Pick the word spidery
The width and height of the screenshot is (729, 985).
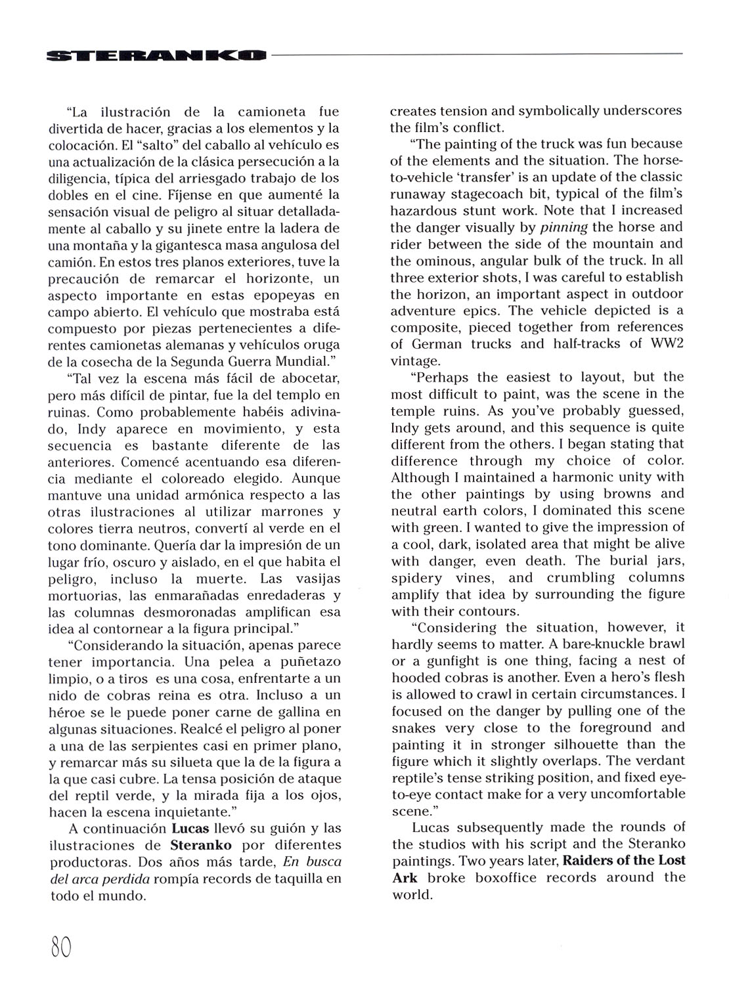point(417,578)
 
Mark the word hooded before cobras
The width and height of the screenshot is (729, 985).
point(416,677)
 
